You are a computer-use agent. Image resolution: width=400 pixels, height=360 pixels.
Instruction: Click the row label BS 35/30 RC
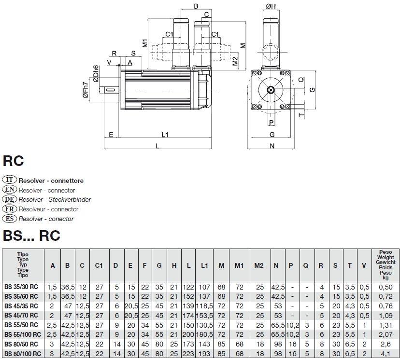click(x=23, y=287)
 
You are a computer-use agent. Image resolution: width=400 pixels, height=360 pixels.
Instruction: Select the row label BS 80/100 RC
click(x=23, y=354)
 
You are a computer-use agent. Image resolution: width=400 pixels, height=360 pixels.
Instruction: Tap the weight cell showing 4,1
click(x=386, y=354)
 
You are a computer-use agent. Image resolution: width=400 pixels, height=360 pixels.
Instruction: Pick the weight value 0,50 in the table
click(x=386, y=287)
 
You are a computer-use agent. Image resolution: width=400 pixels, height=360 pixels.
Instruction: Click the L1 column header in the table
click(x=204, y=265)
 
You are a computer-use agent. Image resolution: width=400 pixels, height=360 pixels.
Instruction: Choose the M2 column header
click(x=259, y=265)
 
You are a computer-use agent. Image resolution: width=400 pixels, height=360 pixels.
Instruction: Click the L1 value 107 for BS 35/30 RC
click(x=204, y=287)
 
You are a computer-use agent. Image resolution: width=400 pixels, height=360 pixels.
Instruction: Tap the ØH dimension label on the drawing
click(x=271, y=6)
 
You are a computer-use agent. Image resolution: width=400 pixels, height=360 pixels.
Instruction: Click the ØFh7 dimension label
click(x=86, y=90)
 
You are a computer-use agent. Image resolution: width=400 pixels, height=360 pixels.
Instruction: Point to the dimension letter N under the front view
click(x=272, y=146)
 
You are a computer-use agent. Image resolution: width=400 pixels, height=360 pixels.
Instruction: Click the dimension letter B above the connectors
click(x=196, y=6)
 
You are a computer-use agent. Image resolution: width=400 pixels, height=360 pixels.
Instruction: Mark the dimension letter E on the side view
click(x=111, y=135)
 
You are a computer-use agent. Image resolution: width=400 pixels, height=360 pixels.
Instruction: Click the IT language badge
click(x=10, y=180)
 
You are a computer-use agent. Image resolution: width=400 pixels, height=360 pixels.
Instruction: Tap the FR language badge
click(x=10, y=209)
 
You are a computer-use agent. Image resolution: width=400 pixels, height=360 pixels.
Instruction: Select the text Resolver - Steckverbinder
click(x=55, y=200)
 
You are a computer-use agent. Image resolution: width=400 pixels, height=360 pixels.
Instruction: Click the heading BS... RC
click(x=31, y=235)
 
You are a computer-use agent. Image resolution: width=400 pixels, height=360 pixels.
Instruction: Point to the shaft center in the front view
click(x=272, y=90)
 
